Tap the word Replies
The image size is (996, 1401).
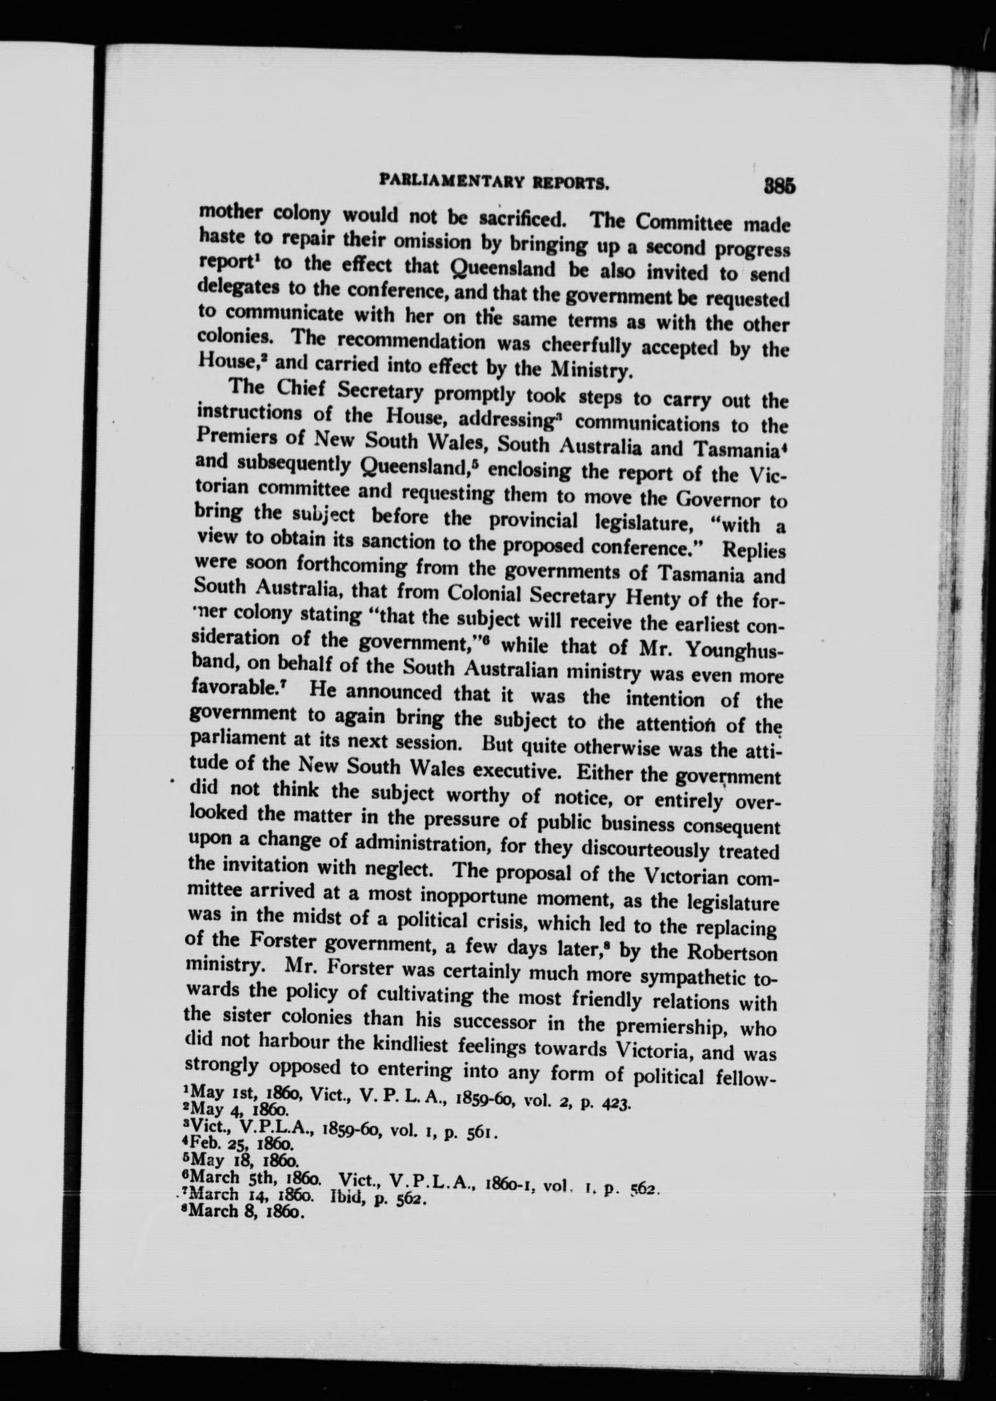pyautogui.click(x=754, y=549)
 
